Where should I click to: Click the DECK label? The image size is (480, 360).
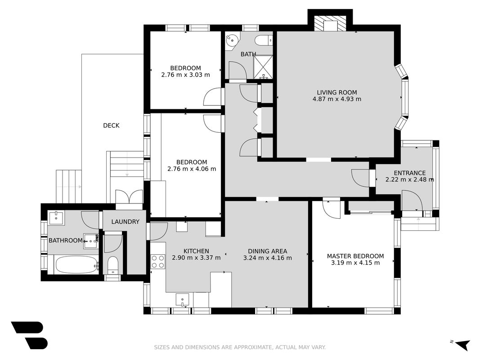coord(111,125)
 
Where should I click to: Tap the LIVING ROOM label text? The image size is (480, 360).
coord(337,92)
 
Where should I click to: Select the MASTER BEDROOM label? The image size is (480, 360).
coord(355,256)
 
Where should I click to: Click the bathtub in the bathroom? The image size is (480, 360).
coord(76,265)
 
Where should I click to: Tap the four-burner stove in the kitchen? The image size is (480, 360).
coord(158,261)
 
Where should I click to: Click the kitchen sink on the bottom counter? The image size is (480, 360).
coord(183,300)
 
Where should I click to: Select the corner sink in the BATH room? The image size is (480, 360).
coord(232,40)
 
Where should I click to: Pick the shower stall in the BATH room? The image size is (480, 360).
coord(263,67)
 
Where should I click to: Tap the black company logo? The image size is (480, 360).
coord(30,335)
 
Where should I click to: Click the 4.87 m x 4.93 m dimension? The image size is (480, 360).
coord(337,99)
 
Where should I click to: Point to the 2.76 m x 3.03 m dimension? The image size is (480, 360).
coord(185,74)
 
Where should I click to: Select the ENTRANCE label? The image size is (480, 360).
coord(409,173)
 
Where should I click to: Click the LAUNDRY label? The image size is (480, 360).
coord(125,222)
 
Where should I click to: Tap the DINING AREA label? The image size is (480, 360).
coord(268,251)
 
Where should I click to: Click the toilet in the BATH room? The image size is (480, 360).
coord(264,40)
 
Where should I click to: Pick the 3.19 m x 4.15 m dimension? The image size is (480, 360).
coord(355,263)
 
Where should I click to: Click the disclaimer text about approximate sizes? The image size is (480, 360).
coord(240,347)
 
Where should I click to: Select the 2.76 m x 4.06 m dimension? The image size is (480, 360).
coord(192,169)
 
